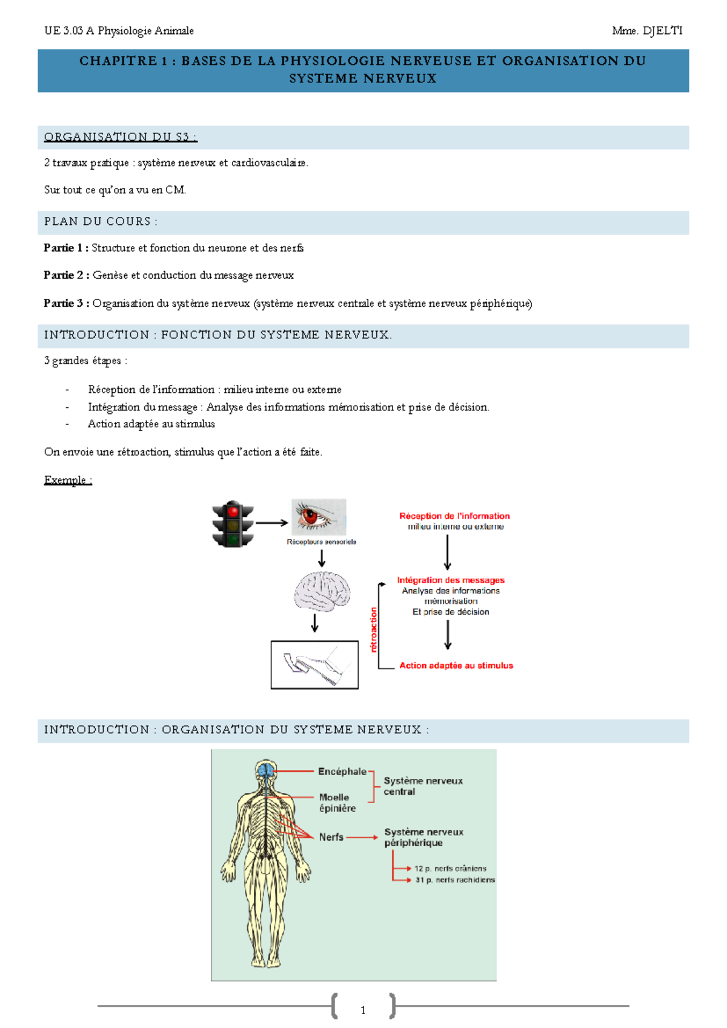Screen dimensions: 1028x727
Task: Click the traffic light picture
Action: [233, 524]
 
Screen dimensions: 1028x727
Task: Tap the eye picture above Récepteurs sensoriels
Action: [319, 517]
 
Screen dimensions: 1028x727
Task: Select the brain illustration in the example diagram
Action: [322, 592]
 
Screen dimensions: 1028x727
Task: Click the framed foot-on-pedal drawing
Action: [314, 665]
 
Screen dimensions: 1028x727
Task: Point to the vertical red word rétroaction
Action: [374, 629]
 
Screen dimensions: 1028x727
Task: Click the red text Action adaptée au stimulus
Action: [456, 666]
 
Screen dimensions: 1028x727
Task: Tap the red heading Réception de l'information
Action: [454, 516]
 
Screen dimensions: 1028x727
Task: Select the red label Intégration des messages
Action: [451, 580]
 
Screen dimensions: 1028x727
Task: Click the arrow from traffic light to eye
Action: [271, 522]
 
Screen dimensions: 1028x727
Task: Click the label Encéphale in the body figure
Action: [342, 772]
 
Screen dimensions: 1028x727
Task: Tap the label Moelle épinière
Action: [337, 803]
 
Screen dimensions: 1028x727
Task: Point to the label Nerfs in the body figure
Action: [331, 837]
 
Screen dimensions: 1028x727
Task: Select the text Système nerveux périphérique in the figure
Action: [423, 838]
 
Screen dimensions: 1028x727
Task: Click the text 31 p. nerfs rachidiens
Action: [455, 880]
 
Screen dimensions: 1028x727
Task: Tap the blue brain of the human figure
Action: [265, 770]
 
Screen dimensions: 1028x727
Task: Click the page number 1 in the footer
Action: [363, 1010]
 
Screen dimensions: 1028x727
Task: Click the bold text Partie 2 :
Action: [67, 275]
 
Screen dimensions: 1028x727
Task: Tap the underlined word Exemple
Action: [67, 480]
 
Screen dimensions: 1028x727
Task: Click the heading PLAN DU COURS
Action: [101, 222]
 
